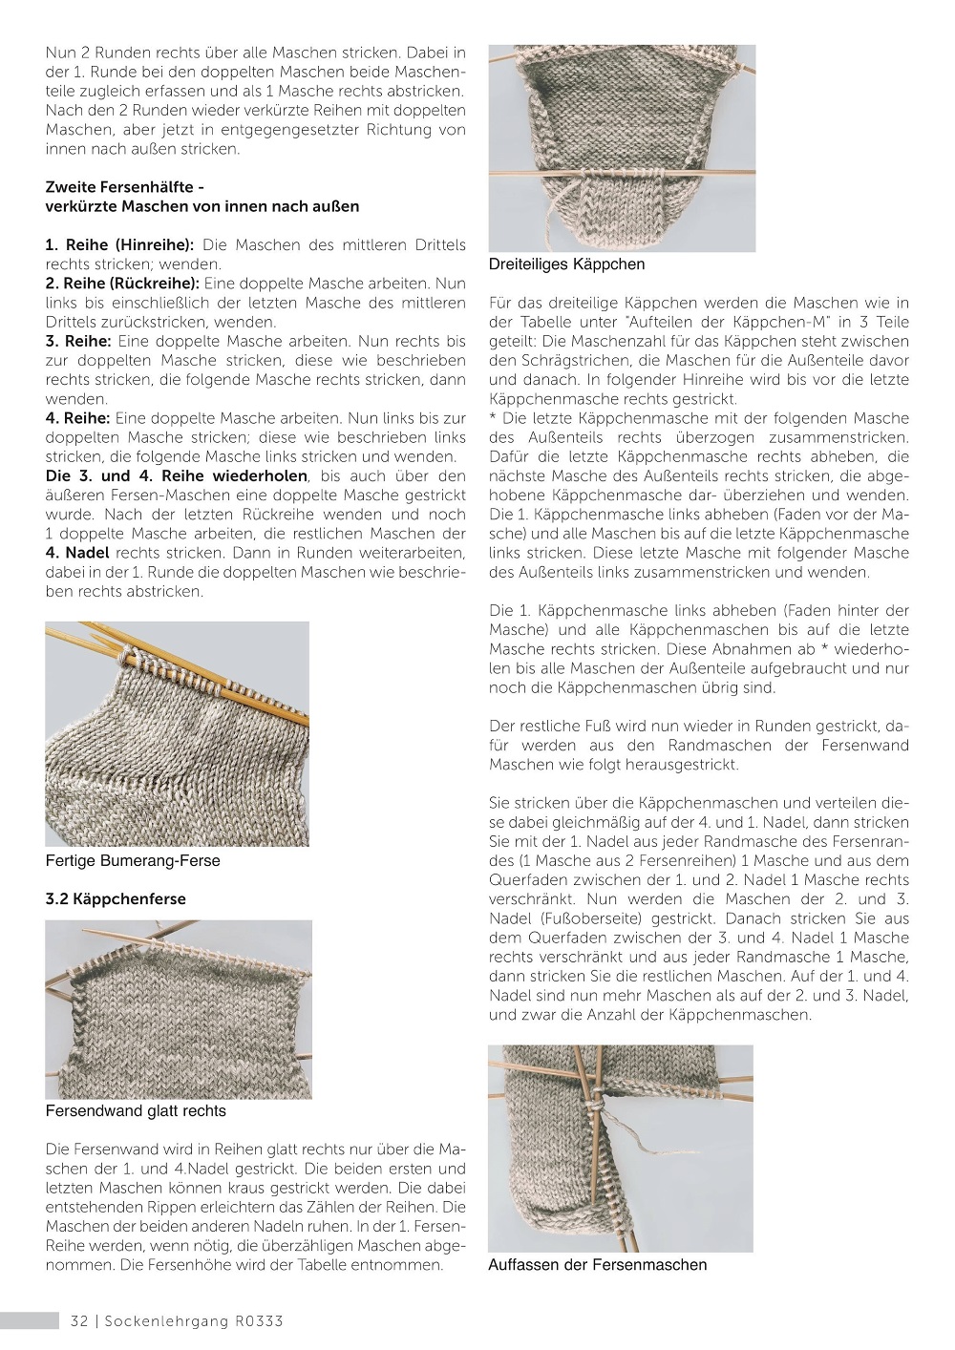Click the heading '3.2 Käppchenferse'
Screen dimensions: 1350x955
click(x=116, y=899)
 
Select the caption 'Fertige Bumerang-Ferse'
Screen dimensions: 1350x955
click(x=133, y=861)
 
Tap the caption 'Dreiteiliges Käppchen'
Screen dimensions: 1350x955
click(x=566, y=264)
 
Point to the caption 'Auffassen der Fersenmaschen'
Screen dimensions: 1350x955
click(x=597, y=1265)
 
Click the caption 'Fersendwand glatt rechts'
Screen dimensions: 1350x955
click(x=136, y=1111)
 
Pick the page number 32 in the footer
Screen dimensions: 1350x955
click(x=79, y=1321)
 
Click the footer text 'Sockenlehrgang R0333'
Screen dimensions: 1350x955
click(x=194, y=1321)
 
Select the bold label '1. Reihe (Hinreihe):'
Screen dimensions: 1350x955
click(x=119, y=245)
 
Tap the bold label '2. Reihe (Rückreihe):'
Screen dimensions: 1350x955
click(x=122, y=284)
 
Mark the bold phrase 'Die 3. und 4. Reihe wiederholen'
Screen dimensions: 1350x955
click(x=177, y=475)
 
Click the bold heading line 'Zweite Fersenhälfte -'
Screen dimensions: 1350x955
click(x=124, y=187)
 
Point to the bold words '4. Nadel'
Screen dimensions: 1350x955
click(x=77, y=553)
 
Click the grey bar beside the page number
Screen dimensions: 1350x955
click(x=30, y=1321)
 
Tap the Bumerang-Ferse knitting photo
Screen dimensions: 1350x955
click(x=178, y=733)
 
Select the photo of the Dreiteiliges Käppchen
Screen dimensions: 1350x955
click(x=622, y=148)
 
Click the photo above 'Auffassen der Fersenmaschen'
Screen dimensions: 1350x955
click(x=621, y=1149)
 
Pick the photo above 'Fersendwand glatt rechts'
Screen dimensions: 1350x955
click(x=179, y=1009)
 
